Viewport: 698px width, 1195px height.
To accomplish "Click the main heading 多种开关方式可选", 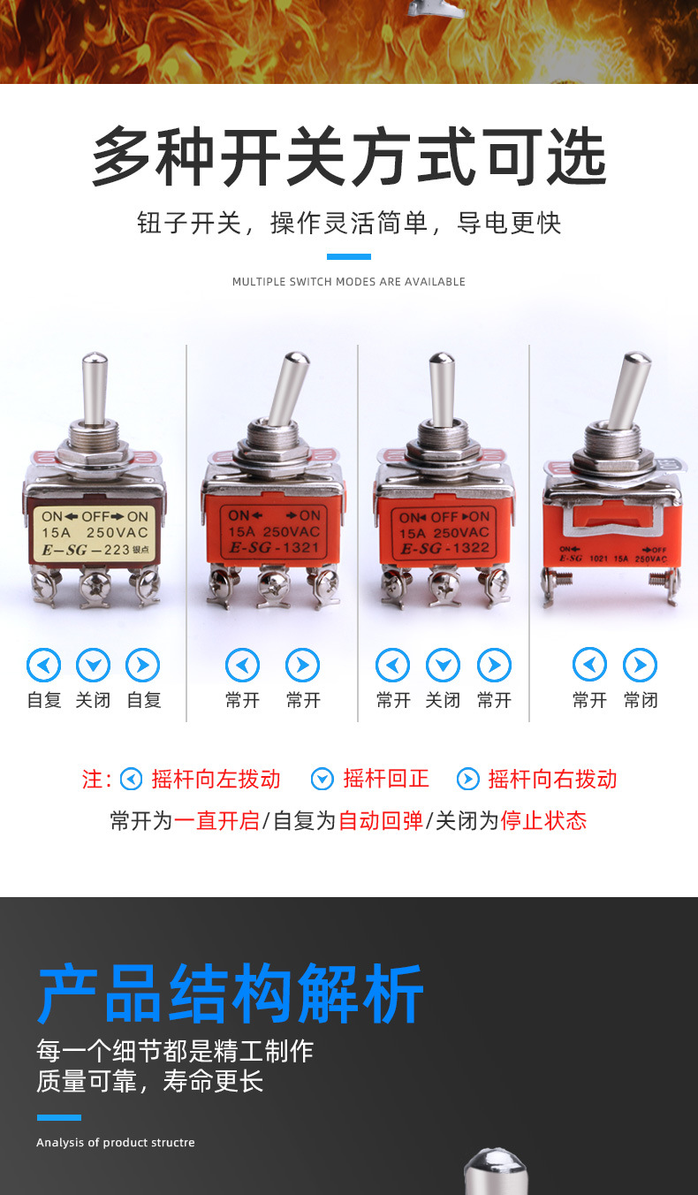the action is (349, 156).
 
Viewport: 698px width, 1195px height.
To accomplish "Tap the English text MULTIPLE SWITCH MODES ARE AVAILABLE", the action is (349, 282).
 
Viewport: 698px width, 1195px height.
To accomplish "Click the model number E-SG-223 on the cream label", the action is (87, 550).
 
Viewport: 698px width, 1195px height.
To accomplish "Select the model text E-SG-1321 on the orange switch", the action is (274, 547).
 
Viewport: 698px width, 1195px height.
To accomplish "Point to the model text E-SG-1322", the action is (444, 548).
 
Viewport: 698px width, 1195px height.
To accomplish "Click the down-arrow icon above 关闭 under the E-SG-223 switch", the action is (94, 665).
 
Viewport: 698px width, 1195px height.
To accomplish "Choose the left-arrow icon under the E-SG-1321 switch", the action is (243, 665).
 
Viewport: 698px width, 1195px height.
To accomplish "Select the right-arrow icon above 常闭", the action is (640, 665).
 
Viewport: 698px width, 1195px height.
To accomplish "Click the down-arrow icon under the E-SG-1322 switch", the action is (444, 665).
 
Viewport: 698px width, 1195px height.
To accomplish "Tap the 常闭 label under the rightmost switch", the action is (641, 700).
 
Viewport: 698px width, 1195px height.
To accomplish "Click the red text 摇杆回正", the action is (386, 779).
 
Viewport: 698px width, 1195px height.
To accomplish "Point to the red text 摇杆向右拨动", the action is (552, 779).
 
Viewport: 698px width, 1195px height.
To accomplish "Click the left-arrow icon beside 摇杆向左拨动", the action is (131, 780).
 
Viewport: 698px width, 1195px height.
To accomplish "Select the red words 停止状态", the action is (543, 820).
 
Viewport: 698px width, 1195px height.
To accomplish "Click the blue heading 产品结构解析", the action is (231, 993).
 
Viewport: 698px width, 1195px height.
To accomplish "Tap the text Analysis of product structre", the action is (116, 1142).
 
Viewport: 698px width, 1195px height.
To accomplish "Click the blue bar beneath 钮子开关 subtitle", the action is (349, 256).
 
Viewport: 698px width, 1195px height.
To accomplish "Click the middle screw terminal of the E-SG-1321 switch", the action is (274, 587).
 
